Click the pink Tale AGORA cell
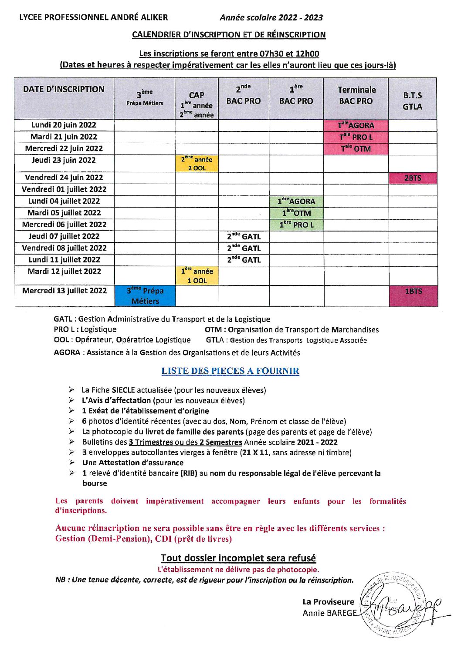[356, 125]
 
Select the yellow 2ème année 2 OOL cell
[197, 164]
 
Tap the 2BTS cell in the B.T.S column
[413, 178]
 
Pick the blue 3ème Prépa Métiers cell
[145, 296]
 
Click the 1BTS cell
[413, 295]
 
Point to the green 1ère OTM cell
[296, 213]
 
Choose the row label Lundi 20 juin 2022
[64, 125]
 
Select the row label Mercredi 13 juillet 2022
[64, 290]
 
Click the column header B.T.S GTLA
[412, 101]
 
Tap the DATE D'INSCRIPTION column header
[64, 89]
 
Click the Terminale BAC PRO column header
[356, 95]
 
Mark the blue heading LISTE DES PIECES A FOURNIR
[230, 371]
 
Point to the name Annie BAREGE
[329, 613]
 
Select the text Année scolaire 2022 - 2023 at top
[271, 17]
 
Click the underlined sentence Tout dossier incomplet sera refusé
[238, 558]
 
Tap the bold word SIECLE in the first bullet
[123, 390]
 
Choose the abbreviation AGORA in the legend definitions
[67, 352]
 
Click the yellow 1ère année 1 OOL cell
[197, 276]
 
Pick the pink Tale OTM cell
[356, 149]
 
